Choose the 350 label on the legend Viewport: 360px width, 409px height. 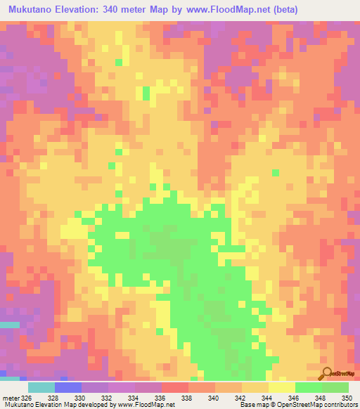[x=346, y=398]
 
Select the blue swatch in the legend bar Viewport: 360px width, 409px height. [x=68, y=387]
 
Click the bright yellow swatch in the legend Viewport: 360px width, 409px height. [x=282, y=387]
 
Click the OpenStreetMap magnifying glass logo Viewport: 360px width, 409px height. [x=326, y=374]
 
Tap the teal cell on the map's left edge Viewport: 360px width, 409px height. [x=9, y=325]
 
